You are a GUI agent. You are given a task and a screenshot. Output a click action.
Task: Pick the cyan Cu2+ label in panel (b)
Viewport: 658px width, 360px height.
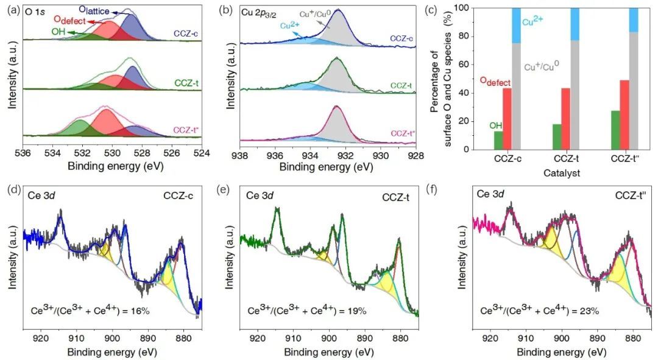[291, 26]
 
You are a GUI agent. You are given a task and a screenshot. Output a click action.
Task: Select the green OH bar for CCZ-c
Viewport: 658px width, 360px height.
[498, 140]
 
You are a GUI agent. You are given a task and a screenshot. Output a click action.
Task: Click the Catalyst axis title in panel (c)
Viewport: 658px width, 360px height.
[562, 173]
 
